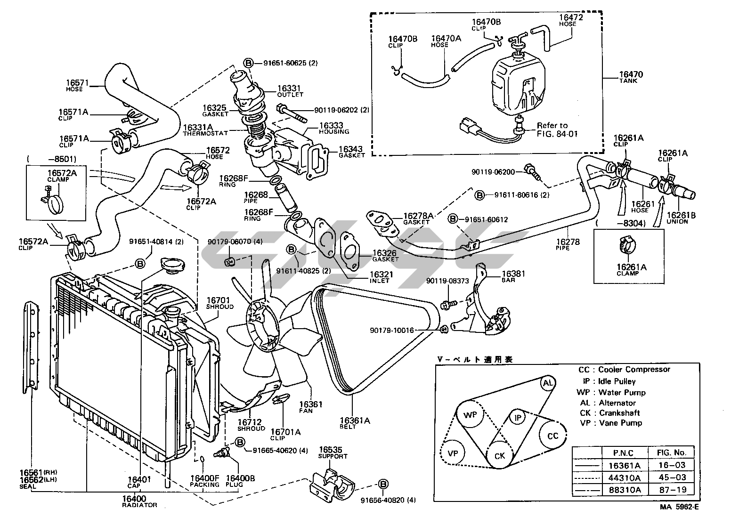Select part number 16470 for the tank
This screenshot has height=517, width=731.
(x=631, y=74)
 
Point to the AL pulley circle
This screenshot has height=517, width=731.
(x=548, y=383)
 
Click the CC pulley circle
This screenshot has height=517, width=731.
(x=552, y=436)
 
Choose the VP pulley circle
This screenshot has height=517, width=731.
(x=453, y=453)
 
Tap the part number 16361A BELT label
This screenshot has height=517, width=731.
(x=354, y=421)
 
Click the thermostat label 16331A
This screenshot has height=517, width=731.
(x=198, y=128)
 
